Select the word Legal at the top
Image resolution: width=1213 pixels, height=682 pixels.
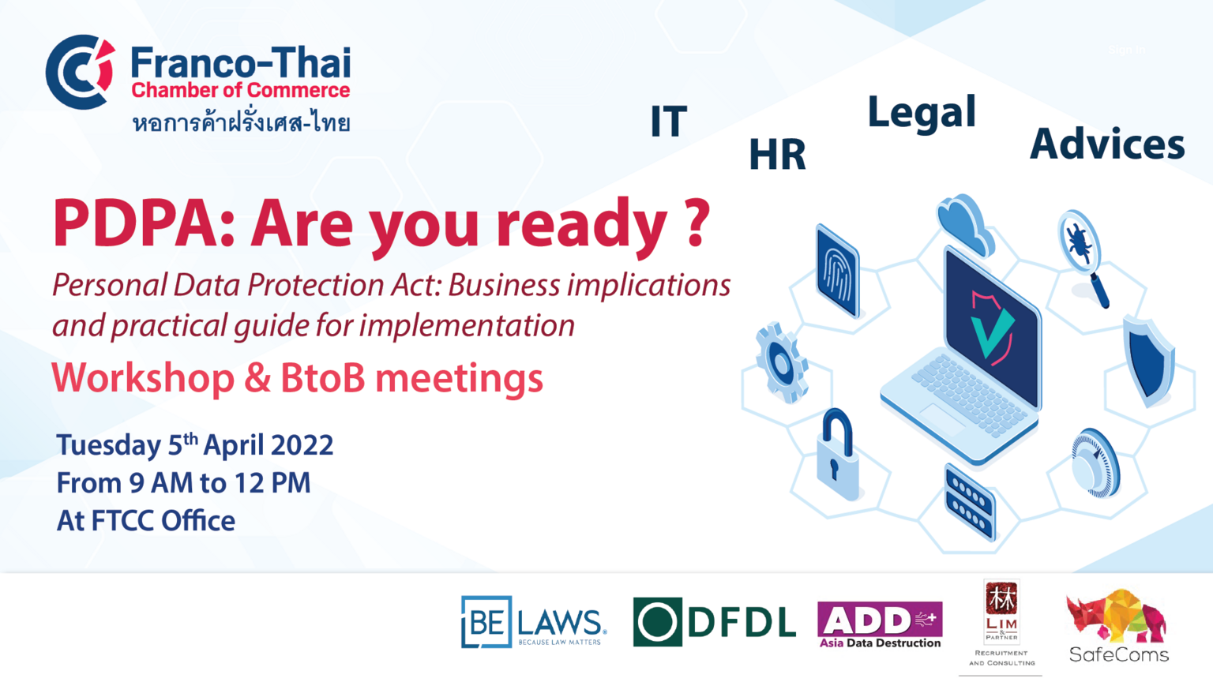[x=922, y=113]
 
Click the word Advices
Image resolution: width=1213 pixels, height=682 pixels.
[x=1107, y=144]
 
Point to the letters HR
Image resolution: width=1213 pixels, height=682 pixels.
[x=778, y=154]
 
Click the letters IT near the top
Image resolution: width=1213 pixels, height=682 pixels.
[x=669, y=121]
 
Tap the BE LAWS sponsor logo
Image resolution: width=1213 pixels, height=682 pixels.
[x=533, y=621]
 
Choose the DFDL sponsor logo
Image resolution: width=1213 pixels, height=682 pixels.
[x=714, y=622]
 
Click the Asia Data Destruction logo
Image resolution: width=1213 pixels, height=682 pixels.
[x=880, y=624]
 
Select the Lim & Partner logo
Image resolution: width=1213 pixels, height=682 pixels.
[x=1002, y=623]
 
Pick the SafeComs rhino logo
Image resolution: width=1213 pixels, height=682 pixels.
[x=1118, y=626]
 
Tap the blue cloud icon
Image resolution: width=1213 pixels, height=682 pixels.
[x=966, y=225]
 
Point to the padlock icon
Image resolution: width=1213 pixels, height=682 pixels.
[x=837, y=455]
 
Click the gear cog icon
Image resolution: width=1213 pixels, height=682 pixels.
[x=781, y=362]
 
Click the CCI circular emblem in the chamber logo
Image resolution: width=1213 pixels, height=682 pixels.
[x=81, y=72]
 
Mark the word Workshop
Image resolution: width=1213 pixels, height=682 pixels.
[x=143, y=379]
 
